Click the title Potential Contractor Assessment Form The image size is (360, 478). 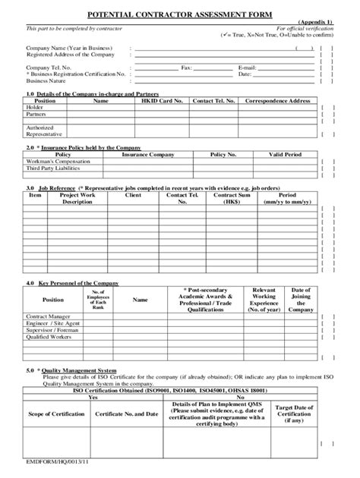[x=179, y=14]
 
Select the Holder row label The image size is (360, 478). [x=34, y=108]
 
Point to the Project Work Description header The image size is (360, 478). [x=77, y=199]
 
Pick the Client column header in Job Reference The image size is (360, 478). [x=133, y=195]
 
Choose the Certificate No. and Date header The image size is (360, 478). [x=126, y=414]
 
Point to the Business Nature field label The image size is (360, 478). [x=46, y=80]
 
